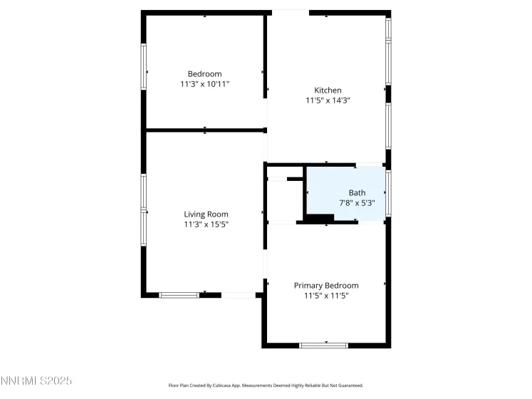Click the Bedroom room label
pos(204,74)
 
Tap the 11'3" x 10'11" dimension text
pos(204,84)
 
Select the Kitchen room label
pos(328,90)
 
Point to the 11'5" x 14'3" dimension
pos(328,100)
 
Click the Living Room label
pos(206,214)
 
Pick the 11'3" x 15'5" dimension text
pos(206,224)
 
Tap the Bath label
pos(356,192)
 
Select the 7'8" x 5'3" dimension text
pos(356,202)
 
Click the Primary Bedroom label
pos(326,285)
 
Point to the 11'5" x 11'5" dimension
pos(326,295)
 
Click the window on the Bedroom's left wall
pos(144,66)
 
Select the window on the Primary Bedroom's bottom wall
pos(323,346)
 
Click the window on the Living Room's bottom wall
pos(179,294)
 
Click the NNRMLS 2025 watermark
pos(36,382)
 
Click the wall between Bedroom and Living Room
pos(205,130)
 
